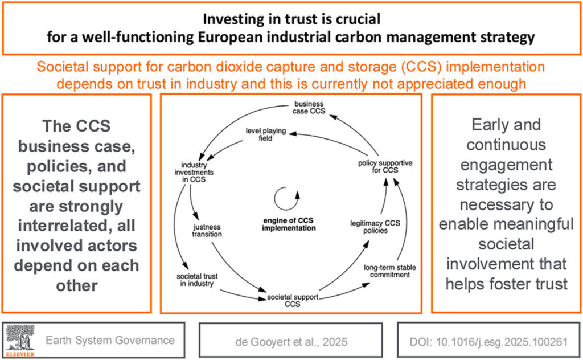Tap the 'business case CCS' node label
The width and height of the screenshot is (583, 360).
pos(309,108)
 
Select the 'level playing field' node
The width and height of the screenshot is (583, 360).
pos(265,134)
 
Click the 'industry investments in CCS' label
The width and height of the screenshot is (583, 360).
pos(194,172)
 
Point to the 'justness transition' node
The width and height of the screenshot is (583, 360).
pos(207,231)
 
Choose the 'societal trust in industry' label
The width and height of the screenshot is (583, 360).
pos(197,280)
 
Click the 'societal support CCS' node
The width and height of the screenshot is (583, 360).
pos(293,301)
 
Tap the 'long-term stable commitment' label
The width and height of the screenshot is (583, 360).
pos(389,271)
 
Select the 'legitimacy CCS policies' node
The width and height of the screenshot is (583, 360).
pos(375,227)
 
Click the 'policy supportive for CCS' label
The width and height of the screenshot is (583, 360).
pos(385,166)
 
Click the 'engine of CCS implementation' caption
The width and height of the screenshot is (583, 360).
pos(289,224)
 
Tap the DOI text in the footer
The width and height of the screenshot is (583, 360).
pos(488,342)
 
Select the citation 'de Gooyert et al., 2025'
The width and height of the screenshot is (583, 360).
pos(291,342)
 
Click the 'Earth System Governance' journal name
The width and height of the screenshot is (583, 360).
pos(110,340)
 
